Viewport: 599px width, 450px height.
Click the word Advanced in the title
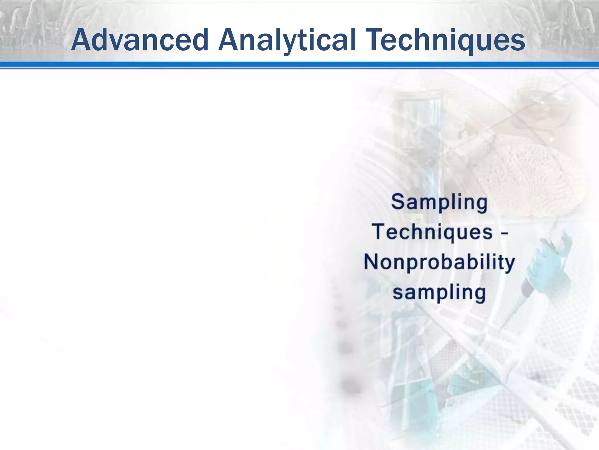click(x=140, y=40)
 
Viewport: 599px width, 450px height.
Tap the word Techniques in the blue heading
click(x=446, y=40)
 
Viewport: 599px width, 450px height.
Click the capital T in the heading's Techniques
click(x=375, y=40)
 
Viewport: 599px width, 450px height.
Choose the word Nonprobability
click(x=439, y=262)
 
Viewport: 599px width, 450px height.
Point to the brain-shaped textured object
click(x=524, y=173)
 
